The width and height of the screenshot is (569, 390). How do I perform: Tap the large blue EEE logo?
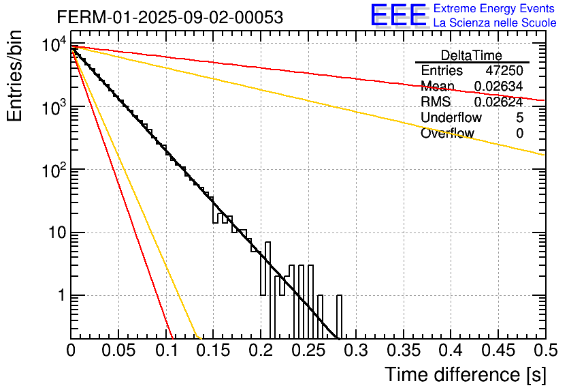(x=398, y=15)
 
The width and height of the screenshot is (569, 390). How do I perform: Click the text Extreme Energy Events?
(x=495, y=9)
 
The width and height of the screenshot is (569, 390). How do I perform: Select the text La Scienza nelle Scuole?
(x=495, y=22)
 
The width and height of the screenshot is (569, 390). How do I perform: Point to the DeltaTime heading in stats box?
(x=472, y=55)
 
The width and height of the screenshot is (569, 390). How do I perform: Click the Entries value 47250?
(x=504, y=71)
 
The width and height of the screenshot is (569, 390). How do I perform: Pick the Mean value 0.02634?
(x=498, y=87)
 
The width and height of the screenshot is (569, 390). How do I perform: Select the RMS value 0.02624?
(x=498, y=102)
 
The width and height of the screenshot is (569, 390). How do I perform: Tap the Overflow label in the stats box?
(x=447, y=134)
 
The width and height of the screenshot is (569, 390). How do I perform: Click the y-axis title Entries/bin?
(x=15, y=76)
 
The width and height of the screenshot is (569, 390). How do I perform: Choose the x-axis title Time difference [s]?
(x=466, y=374)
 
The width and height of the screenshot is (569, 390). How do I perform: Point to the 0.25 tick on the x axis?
(x=308, y=350)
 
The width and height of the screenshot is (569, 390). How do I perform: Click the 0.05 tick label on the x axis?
(x=118, y=350)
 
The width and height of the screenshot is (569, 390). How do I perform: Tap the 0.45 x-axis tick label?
(x=498, y=350)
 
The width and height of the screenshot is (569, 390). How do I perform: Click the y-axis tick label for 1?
(x=61, y=296)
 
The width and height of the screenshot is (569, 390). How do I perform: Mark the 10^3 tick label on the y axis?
(x=52, y=108)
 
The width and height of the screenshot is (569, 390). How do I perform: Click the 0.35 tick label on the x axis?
(x=402, y=350)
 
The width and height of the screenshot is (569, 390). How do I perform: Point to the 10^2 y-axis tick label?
(x=52, y=170)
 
